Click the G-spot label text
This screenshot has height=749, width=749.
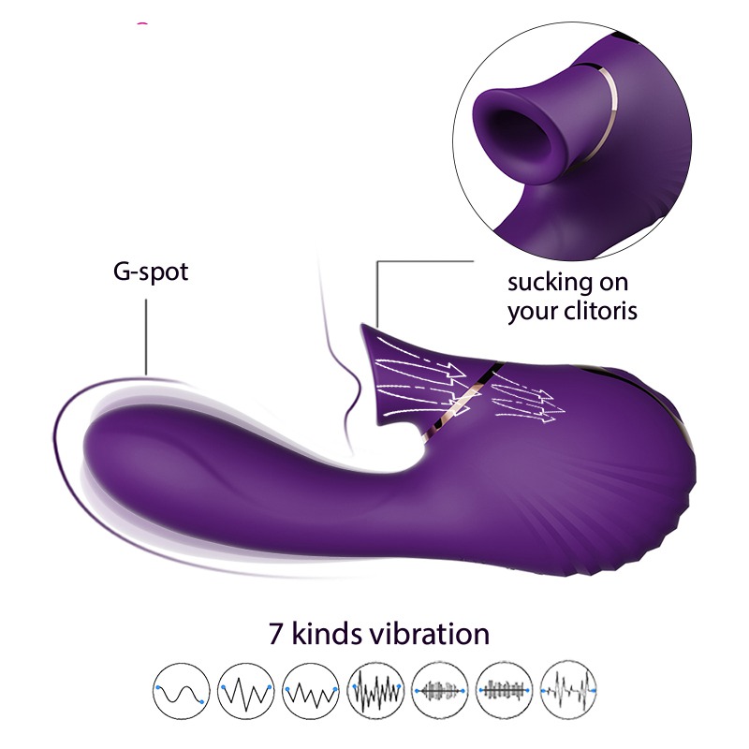151,272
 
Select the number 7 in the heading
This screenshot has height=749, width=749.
276,634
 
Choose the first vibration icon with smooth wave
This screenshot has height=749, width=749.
182,691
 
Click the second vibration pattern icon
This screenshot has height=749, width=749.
246,691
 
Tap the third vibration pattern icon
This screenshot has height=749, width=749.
311,691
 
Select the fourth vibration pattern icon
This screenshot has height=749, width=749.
375,691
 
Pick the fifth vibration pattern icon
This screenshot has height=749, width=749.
440,691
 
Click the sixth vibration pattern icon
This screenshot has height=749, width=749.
505,691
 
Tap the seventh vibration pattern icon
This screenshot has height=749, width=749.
569,691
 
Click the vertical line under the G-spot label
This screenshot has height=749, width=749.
146,337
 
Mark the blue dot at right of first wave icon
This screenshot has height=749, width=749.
202,701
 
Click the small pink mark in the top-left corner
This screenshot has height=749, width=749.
142,22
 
